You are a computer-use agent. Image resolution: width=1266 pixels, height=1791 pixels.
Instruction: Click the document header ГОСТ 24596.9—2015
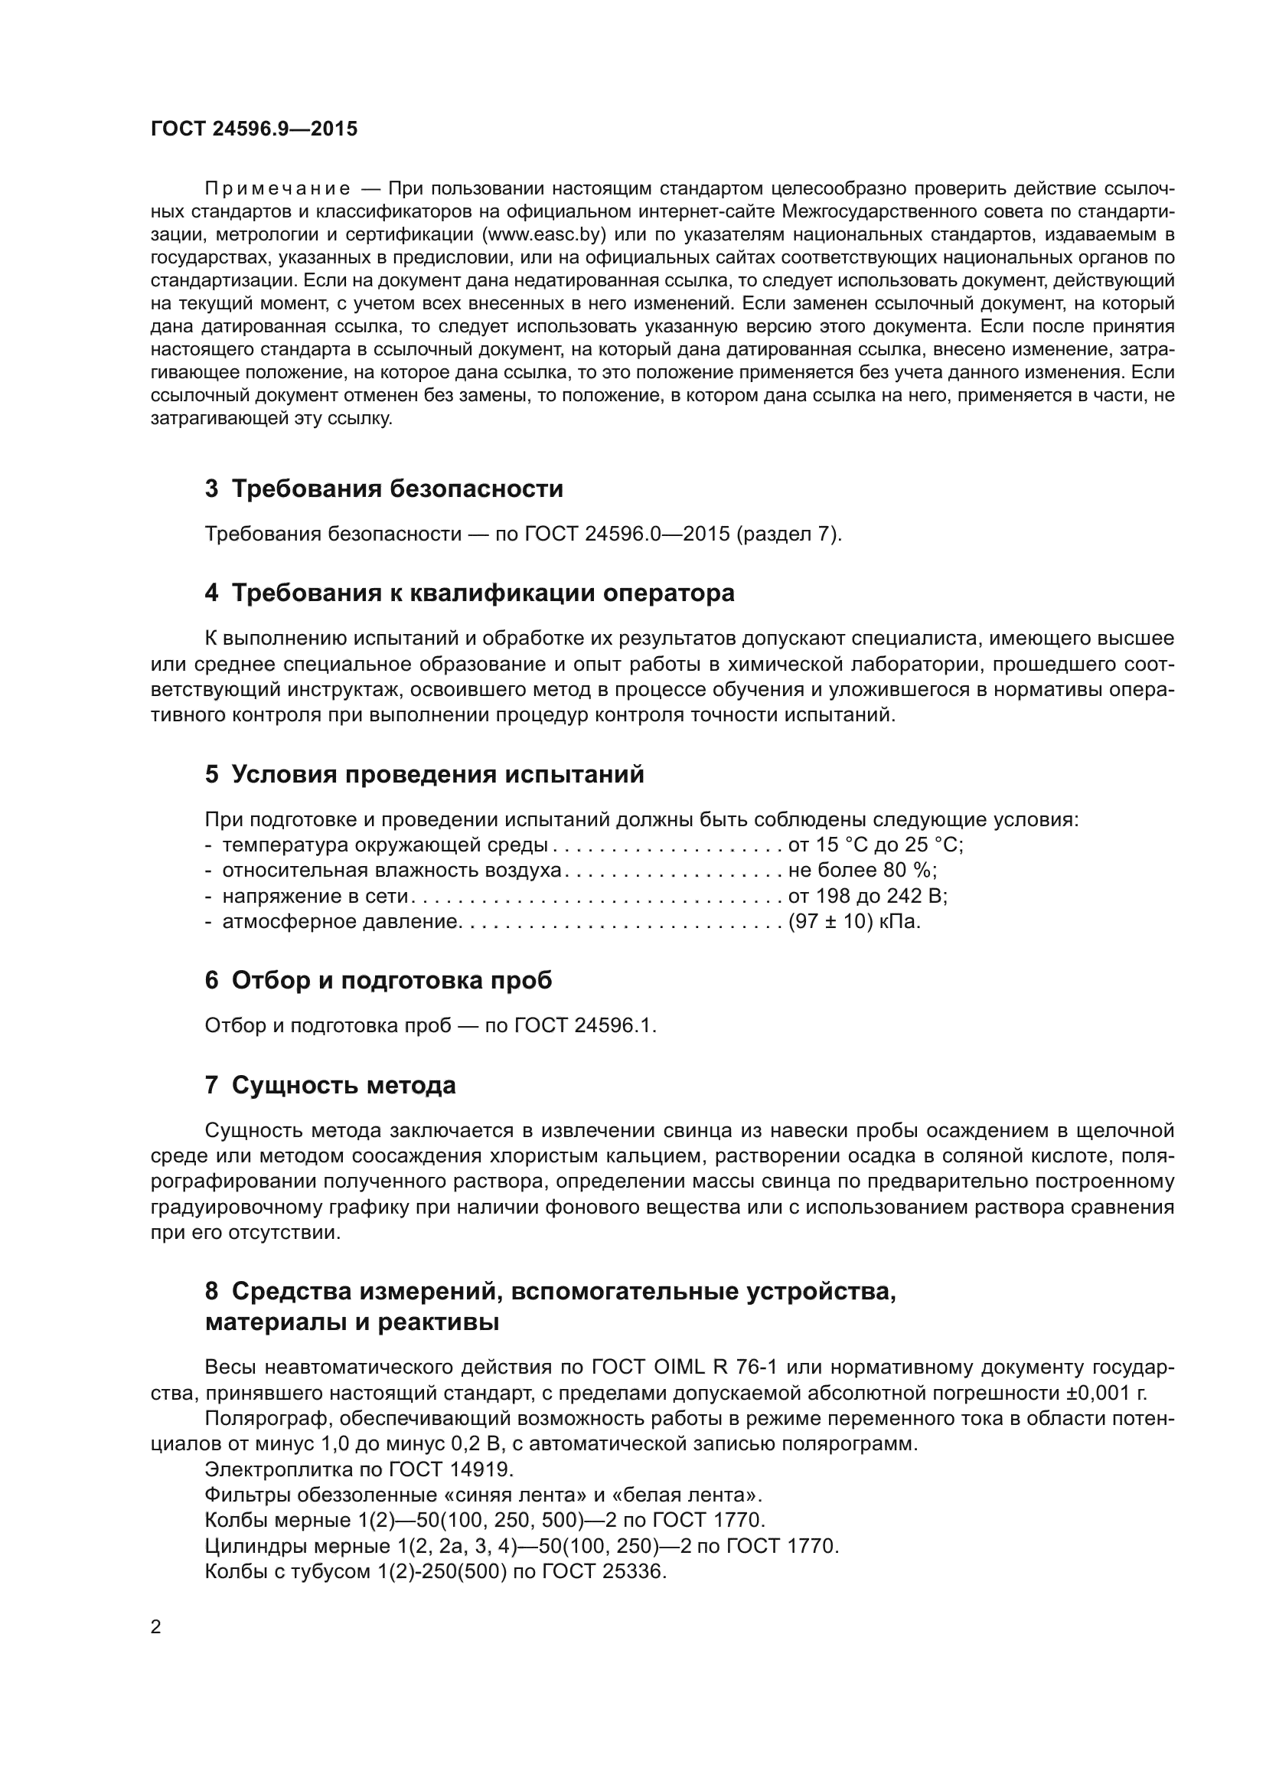pyautogui.click(x=254, y=129)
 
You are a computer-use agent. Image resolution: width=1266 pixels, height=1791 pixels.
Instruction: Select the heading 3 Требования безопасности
pyautogui.click(x=383, y=489)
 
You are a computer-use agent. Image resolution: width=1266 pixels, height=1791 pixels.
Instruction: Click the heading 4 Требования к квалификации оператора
pyautogui.click(x=469, y=593)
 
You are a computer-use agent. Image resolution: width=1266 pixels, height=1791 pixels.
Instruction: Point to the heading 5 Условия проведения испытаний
pyautogui.click(x=425, y=775)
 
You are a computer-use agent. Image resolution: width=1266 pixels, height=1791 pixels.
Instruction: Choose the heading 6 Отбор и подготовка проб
pyautogui.click(x=378, y=981)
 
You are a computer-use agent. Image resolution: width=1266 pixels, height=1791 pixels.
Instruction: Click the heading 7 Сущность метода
pyautogui.click(x=330, y=1085)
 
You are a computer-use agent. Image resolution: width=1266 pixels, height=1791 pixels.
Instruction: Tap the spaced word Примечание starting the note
pyautogui.click(x=277, y=190)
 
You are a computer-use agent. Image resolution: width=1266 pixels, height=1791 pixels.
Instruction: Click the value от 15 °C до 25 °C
pyautogui.click(x=876, y=845)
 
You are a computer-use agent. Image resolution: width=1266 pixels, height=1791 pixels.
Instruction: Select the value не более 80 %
pyautogui.click(x=862, y=870)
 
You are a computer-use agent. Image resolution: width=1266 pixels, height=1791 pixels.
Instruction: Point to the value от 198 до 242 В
pyautogui.click(x=868, y=896)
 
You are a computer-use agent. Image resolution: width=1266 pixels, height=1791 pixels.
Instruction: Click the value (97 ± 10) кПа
pyautogui.click(x=854, y=921)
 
